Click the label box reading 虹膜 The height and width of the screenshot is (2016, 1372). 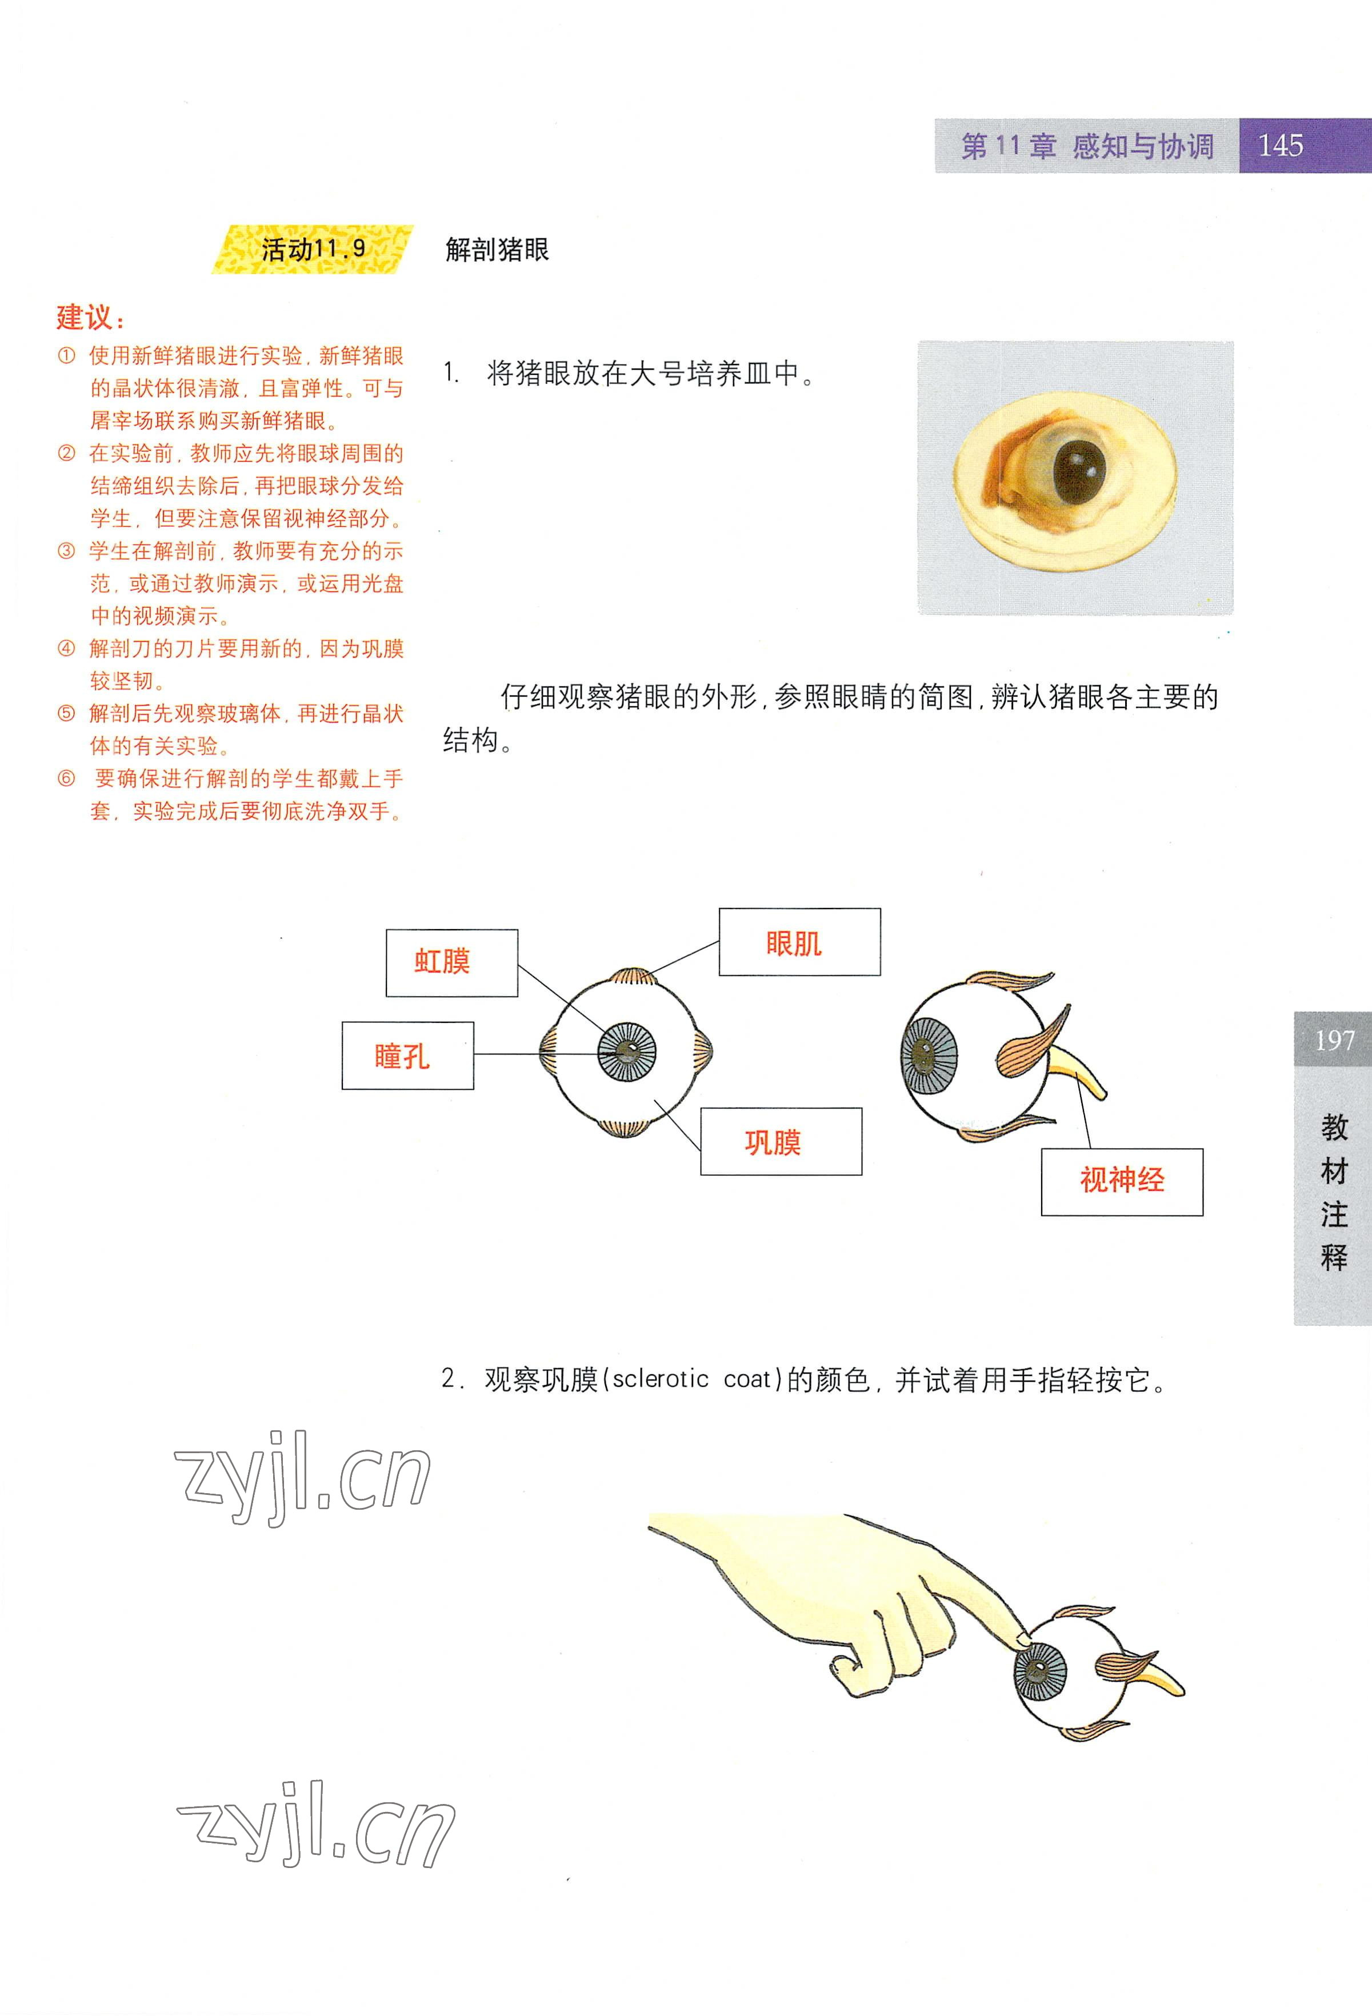point(452,963)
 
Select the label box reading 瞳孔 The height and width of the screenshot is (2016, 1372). point(407,1055)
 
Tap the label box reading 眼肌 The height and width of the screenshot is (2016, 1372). point(799,942)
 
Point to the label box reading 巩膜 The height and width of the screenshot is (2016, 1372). point(781,1142)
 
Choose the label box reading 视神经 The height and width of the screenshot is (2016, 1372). point(1122,1182)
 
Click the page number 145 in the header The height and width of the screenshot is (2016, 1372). point(1280,145)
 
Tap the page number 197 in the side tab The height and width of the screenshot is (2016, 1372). point(1334,1040)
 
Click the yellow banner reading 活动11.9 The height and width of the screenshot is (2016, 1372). point(312,250)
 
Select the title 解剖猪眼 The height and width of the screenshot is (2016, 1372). point(497,250)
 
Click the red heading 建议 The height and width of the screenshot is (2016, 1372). point(90,318)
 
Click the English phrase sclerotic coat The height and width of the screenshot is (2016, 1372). point(691,1379)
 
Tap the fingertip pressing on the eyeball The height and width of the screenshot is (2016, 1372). point(1022,1639)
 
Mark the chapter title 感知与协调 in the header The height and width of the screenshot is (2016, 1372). point(1143,146)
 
